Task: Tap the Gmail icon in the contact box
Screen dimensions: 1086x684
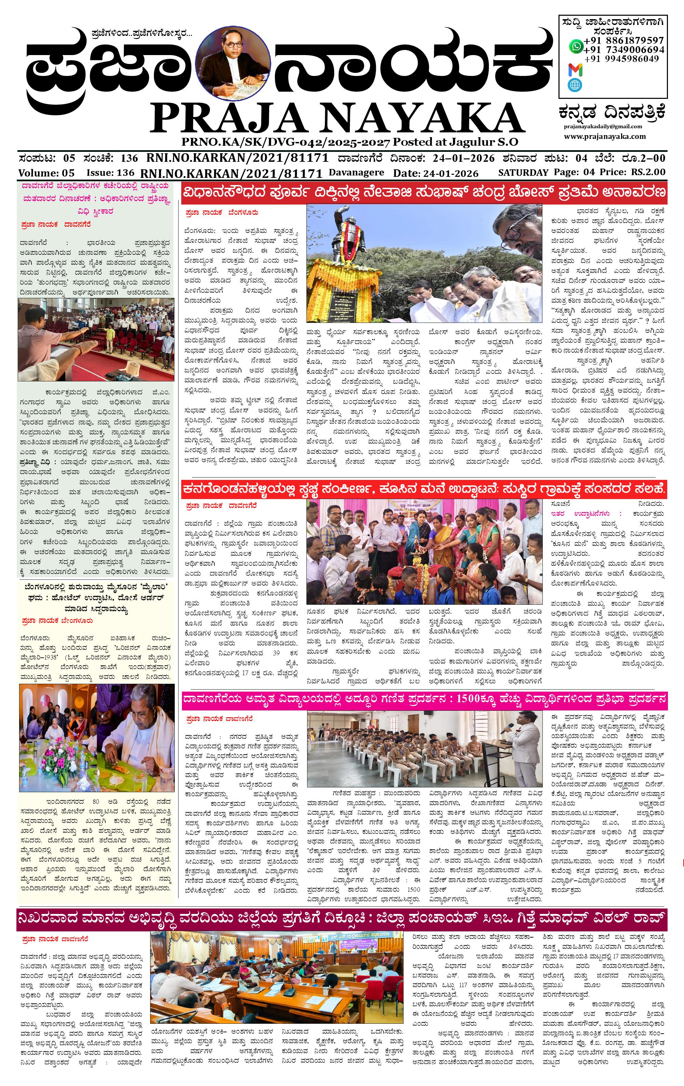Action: (575, 70)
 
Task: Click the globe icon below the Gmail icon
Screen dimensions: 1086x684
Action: (575, 85)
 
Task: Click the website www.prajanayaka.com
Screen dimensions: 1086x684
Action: (604, 136)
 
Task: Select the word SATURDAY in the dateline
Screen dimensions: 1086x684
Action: (523, 172)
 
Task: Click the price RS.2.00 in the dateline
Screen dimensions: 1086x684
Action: (648, 172)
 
